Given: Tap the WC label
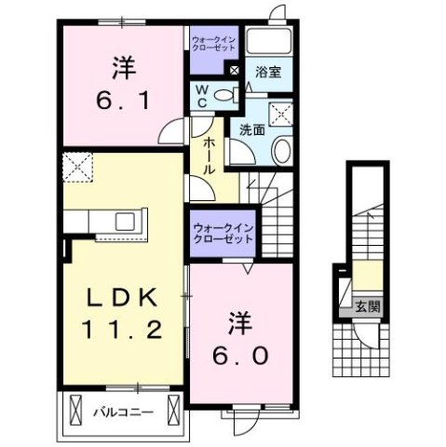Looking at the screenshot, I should [x=200, y=96].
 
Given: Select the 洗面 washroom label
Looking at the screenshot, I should [x=250, y=130].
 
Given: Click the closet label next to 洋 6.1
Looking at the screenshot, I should [x=214, y=43].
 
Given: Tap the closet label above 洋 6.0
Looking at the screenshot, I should [x=223, y=234].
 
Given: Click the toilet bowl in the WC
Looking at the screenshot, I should [x=223, y=95].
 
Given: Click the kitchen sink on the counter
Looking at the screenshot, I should [x=122, y=221].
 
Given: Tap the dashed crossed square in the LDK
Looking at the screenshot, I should [x=80, y=168].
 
